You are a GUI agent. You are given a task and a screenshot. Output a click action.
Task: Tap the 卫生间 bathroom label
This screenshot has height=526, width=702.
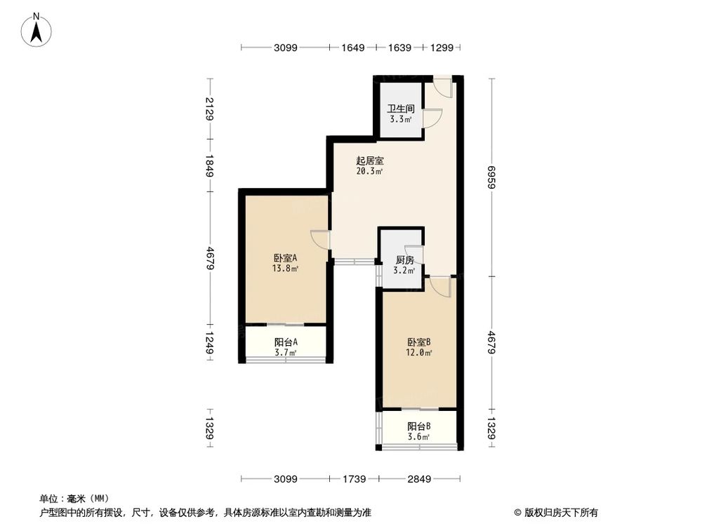click(x=402, y=109)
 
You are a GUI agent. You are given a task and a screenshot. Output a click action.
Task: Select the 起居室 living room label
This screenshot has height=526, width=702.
click(x=369, y=161)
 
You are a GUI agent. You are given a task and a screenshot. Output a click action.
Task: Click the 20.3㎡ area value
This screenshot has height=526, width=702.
click(x=369, y=171)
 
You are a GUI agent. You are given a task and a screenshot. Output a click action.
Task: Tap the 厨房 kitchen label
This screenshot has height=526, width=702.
click(x=404, y=260)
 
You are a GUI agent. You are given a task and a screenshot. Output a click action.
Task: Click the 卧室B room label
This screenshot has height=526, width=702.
click(x=419, y=342)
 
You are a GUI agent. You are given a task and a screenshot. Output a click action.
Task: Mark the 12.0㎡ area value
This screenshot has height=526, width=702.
click(x=419, y=353)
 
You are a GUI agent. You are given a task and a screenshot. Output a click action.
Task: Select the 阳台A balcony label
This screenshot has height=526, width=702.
click(x=286, y=342)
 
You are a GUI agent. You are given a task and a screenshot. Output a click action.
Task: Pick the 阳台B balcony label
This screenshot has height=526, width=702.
click(x=419, y=426)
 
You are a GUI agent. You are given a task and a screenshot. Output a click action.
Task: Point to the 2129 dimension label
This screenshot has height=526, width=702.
click(x=209, y=109)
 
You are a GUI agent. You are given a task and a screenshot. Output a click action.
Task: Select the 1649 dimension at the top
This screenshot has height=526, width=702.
click(x=353, y=48)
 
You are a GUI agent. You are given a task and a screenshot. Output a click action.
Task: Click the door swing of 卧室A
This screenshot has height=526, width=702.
click(x=319, y=239)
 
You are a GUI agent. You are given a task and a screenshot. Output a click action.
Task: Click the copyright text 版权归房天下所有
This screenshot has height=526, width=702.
click(x=558, y=512)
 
